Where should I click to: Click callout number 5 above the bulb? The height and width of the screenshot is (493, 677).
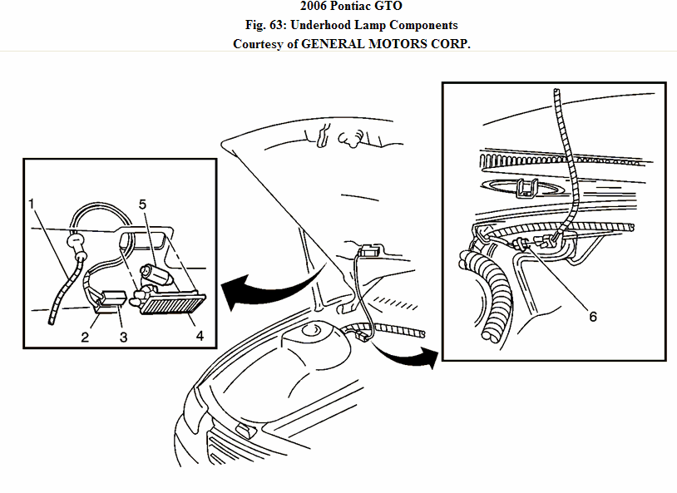tap(142, 202)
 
